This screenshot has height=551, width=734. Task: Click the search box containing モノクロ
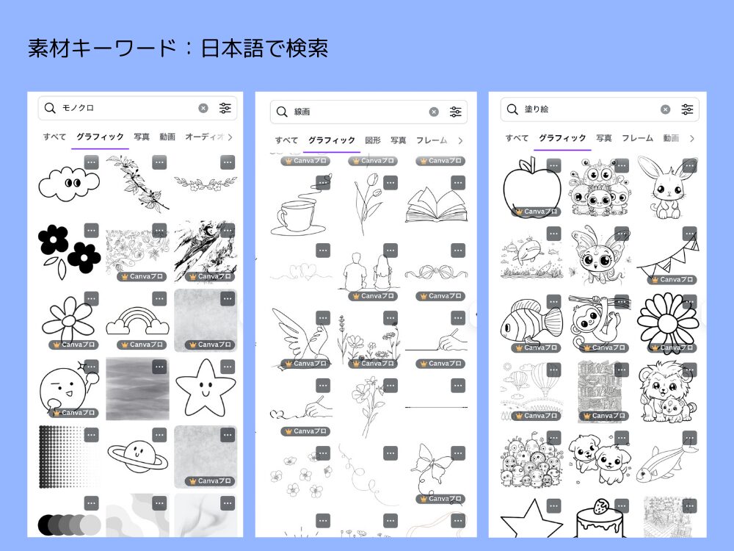[x=125, y=108]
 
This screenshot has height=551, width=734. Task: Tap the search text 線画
[x=302, y=112]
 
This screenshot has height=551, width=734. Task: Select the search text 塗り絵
[x=537, y=109]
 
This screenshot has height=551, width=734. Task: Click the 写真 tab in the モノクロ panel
[x=142, y=137]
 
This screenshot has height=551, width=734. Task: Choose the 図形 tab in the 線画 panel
[x=373, y=140]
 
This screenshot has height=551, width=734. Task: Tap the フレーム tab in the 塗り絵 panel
[x=637, y=138]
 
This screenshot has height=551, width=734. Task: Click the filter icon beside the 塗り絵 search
[x=687, y=109]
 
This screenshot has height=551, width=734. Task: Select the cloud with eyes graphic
[x=68, y=183]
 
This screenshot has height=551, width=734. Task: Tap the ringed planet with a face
[x=137, y=456]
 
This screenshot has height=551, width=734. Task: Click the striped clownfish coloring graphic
[x=531, y=324]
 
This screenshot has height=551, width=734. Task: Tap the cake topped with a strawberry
[x=599, y=521]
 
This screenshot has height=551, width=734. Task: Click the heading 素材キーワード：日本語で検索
[x=178, y=48]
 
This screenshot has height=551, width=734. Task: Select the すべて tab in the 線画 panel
[x=286, y=140]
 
